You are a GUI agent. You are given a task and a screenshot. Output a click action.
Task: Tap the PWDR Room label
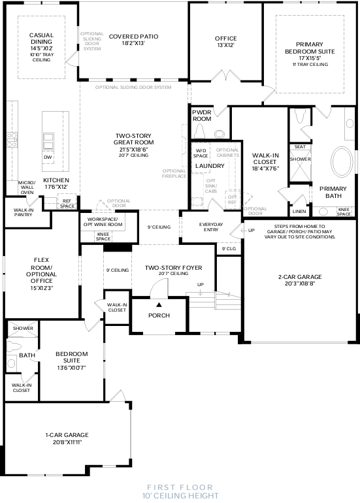tap(202, 116)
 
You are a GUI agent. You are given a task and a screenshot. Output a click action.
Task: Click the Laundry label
tap(210, 166)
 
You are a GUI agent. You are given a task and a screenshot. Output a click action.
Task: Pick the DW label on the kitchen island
tap(48, 157)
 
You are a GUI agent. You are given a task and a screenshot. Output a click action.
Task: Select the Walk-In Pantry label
tap(24, 212)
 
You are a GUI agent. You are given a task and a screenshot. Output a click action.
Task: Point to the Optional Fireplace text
tap(174, 174)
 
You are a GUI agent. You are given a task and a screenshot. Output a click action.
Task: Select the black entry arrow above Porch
tap(158, 304)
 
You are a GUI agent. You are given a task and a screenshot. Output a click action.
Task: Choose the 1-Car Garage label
tap(67, 438)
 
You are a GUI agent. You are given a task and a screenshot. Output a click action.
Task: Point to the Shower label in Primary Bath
tap(300, 159)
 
